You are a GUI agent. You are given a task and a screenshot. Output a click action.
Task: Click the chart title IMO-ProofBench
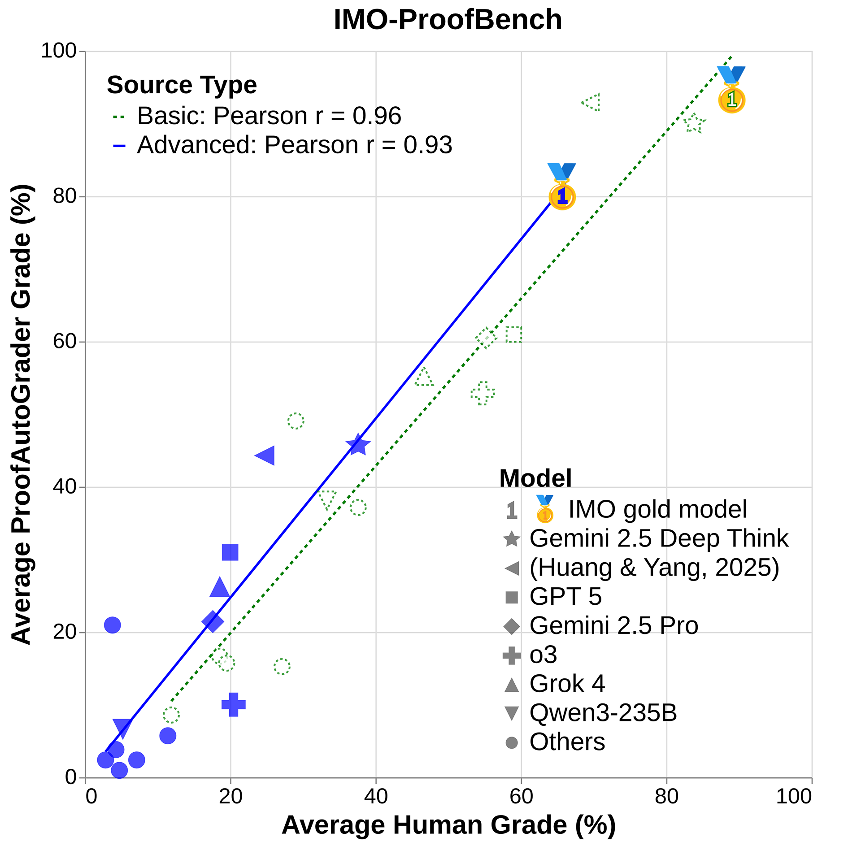point(448,20)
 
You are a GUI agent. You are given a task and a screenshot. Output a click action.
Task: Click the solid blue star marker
point(358,445)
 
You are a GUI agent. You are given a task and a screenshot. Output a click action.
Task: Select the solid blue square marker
point(230,552)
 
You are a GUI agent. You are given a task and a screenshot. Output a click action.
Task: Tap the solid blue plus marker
point(233,704)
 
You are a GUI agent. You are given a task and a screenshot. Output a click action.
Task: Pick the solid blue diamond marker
point(213,622)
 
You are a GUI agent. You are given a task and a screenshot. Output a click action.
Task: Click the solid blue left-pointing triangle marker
point(265,456)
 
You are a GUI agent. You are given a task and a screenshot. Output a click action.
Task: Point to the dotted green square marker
point(513,334)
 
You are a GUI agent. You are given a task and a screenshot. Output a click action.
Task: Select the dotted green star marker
point(694,123)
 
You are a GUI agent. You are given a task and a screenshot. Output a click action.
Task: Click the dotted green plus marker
point(483,394)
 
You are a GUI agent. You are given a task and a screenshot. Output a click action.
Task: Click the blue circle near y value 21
point(112,625)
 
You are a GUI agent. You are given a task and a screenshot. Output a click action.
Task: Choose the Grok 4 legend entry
point(567,684)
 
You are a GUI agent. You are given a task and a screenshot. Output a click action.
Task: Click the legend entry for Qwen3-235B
point(603,713)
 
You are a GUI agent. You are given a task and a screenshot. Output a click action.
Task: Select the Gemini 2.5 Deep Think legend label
point(658,538)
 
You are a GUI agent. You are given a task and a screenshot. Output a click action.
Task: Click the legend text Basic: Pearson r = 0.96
point(269,116)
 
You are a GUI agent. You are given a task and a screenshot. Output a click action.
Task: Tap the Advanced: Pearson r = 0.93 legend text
point(294,145)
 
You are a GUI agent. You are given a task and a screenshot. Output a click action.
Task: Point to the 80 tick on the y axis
point(65,196)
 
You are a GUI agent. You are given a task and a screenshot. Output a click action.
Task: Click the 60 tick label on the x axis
point(521,796)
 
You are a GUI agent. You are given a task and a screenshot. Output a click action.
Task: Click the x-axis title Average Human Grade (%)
point(448,825)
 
